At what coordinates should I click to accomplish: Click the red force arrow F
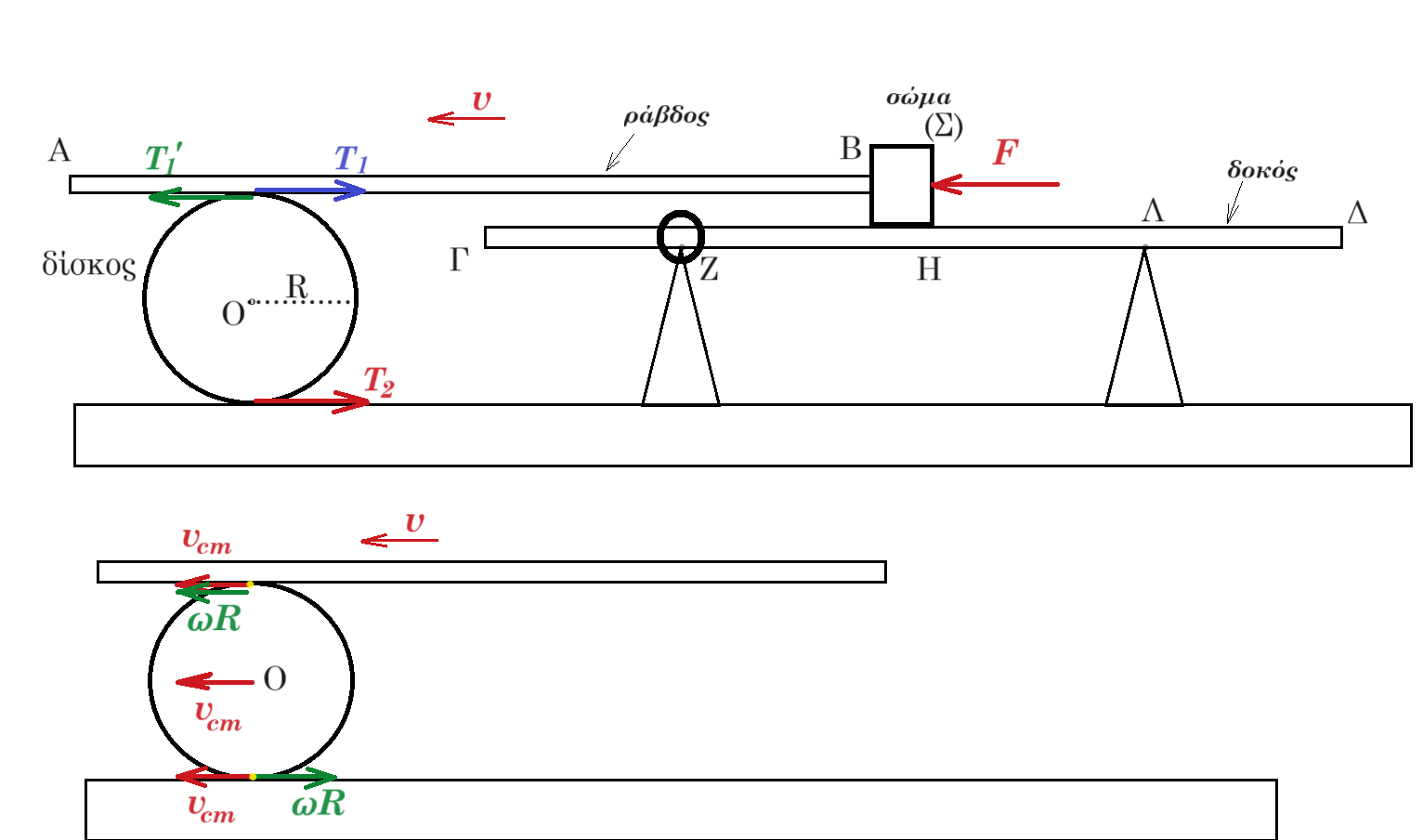[x=995, y=184]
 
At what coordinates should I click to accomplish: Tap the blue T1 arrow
[x=310, y=190]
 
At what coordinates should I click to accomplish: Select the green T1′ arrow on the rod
[x=201, y=197]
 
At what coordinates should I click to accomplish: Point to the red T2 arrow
[x=311, y=401]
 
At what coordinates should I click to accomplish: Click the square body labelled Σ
[x=902, y=185]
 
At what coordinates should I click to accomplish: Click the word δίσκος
[x=89, y=265]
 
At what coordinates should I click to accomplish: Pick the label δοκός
[x=1262, y=170]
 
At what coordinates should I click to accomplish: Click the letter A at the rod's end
[x=59, y=151]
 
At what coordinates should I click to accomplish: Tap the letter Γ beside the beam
[x=459, y=259]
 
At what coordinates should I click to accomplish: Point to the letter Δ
[x=1357, y=212]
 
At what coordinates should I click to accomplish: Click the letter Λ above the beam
[x=1153, y=210]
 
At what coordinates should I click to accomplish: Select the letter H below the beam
[x=929, y=269]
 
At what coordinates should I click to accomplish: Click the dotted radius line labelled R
[x=300, y=302]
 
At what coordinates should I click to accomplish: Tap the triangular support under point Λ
[x=1144, y=331]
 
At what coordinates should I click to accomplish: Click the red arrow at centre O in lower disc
[x=215, y=682]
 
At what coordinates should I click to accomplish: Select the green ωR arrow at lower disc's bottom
[x=295, y=777]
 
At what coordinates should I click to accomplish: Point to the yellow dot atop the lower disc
[x=250, y=584]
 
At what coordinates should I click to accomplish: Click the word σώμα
[x=919, y=98]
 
